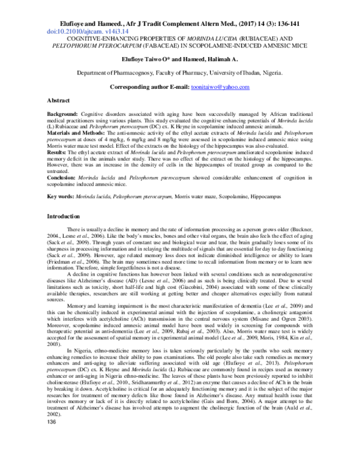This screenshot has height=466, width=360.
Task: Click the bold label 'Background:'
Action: point(64,113)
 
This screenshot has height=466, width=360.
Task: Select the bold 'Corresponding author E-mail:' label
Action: point(152,87)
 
